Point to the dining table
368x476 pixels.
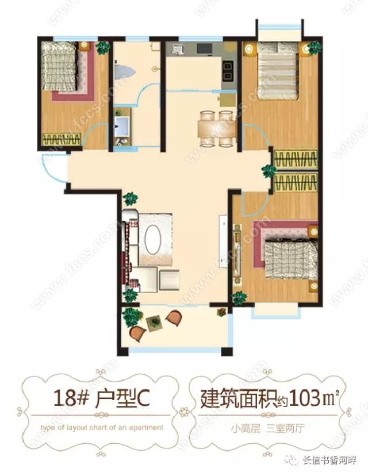point(217,129)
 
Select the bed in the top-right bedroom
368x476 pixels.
point(277,71)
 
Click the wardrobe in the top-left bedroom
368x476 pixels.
point(62,139)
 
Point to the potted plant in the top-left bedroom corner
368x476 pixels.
point(102,48)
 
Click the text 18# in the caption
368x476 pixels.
point(71,398)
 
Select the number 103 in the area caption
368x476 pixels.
point(305,398)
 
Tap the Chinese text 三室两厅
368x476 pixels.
point(285,428)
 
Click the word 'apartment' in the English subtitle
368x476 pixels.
point(146,428)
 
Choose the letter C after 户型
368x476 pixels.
point(143,399)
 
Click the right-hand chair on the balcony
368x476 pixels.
point(174,318)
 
